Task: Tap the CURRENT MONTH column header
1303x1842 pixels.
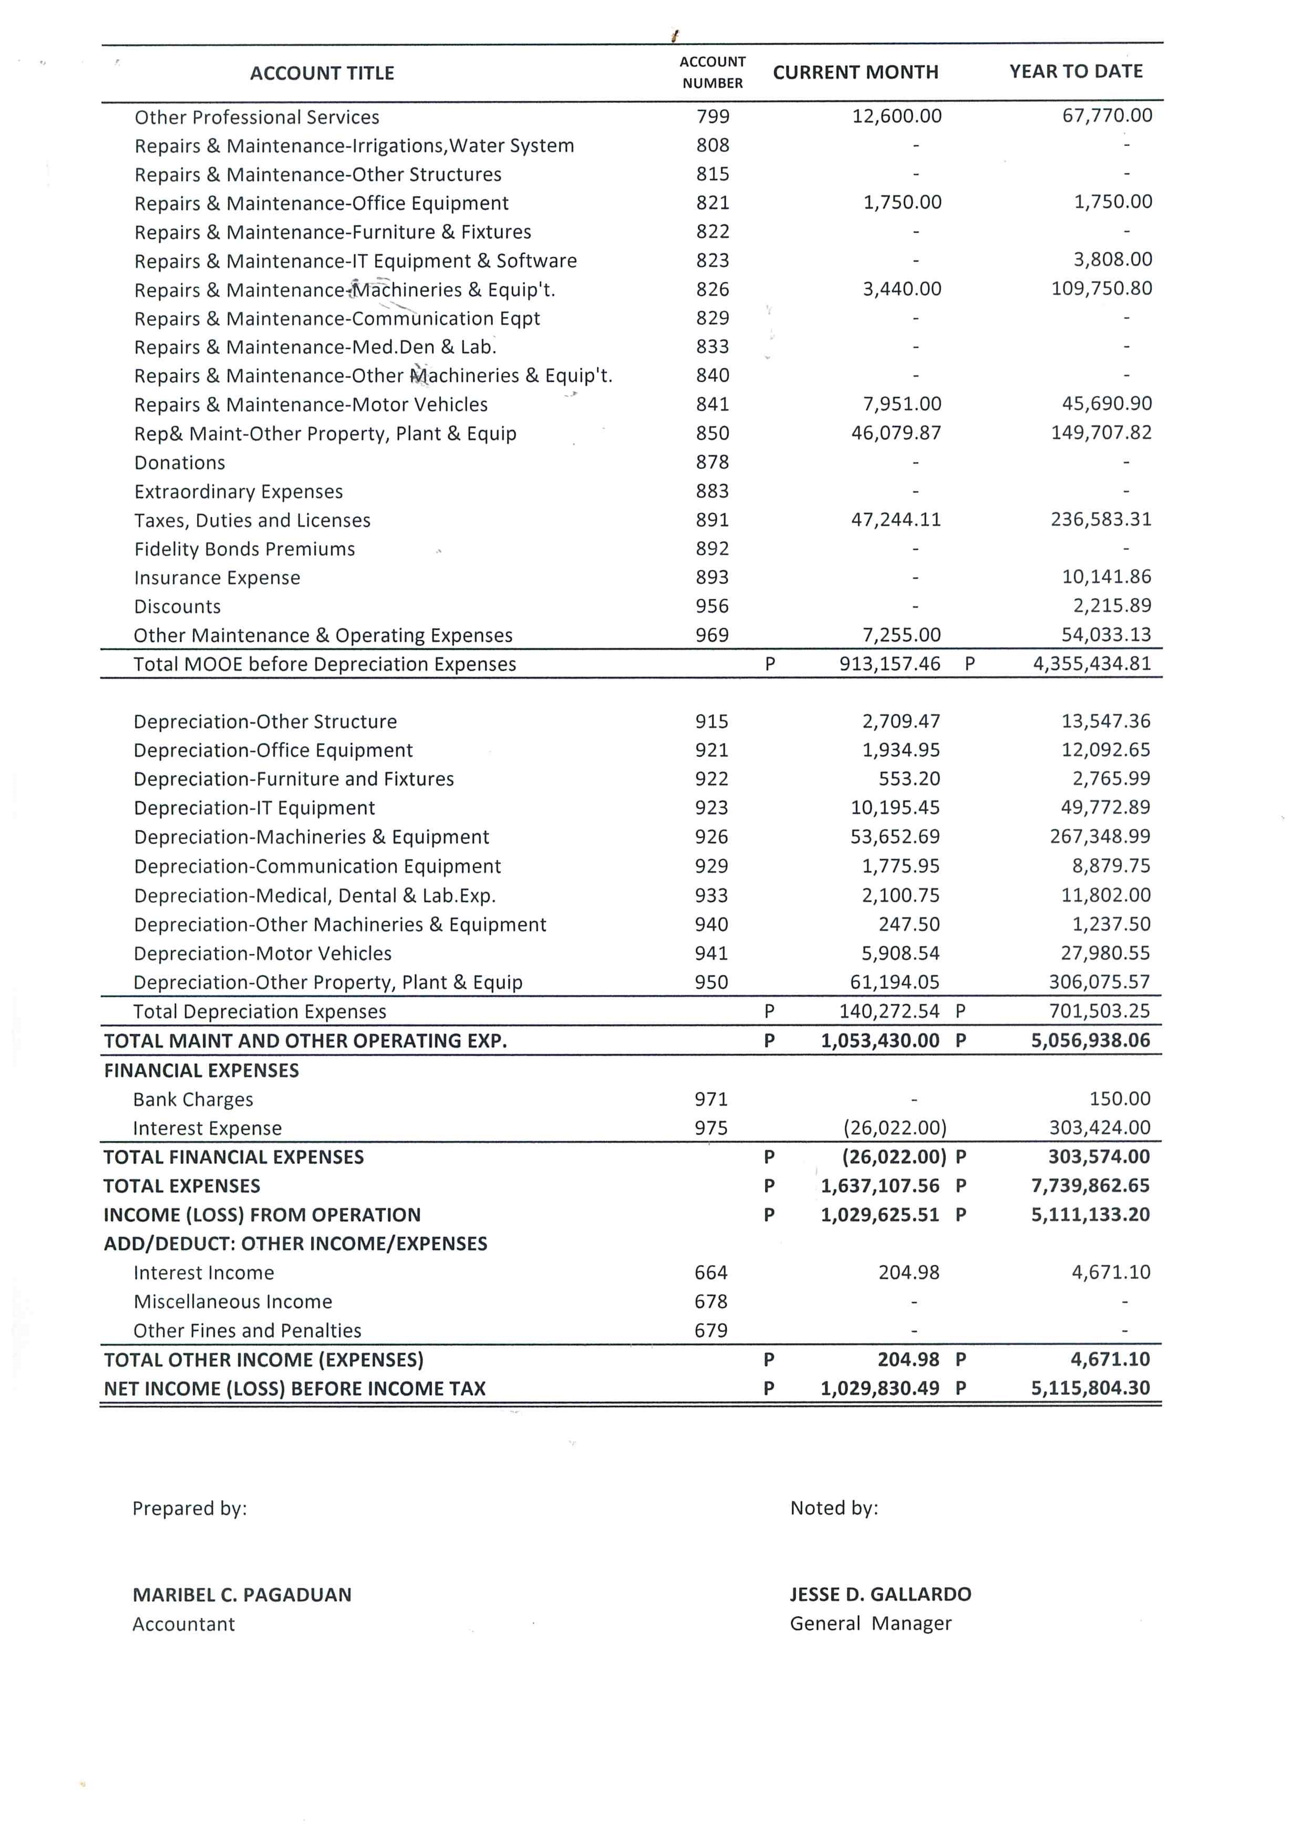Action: [855, 72]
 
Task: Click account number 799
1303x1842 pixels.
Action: [712, 116]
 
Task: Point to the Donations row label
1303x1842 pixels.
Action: [180, 463]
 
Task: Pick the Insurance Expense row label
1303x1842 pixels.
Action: [216, 578]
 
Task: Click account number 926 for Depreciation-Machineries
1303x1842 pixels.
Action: [712, 837]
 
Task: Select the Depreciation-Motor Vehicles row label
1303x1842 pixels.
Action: [262, 953]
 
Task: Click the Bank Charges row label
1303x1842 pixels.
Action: [193, 1099]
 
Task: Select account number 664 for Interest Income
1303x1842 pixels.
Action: [711, 1273]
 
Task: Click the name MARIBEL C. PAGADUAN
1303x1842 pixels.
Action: [242, 1595]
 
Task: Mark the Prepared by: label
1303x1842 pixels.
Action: [189, 1508]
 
